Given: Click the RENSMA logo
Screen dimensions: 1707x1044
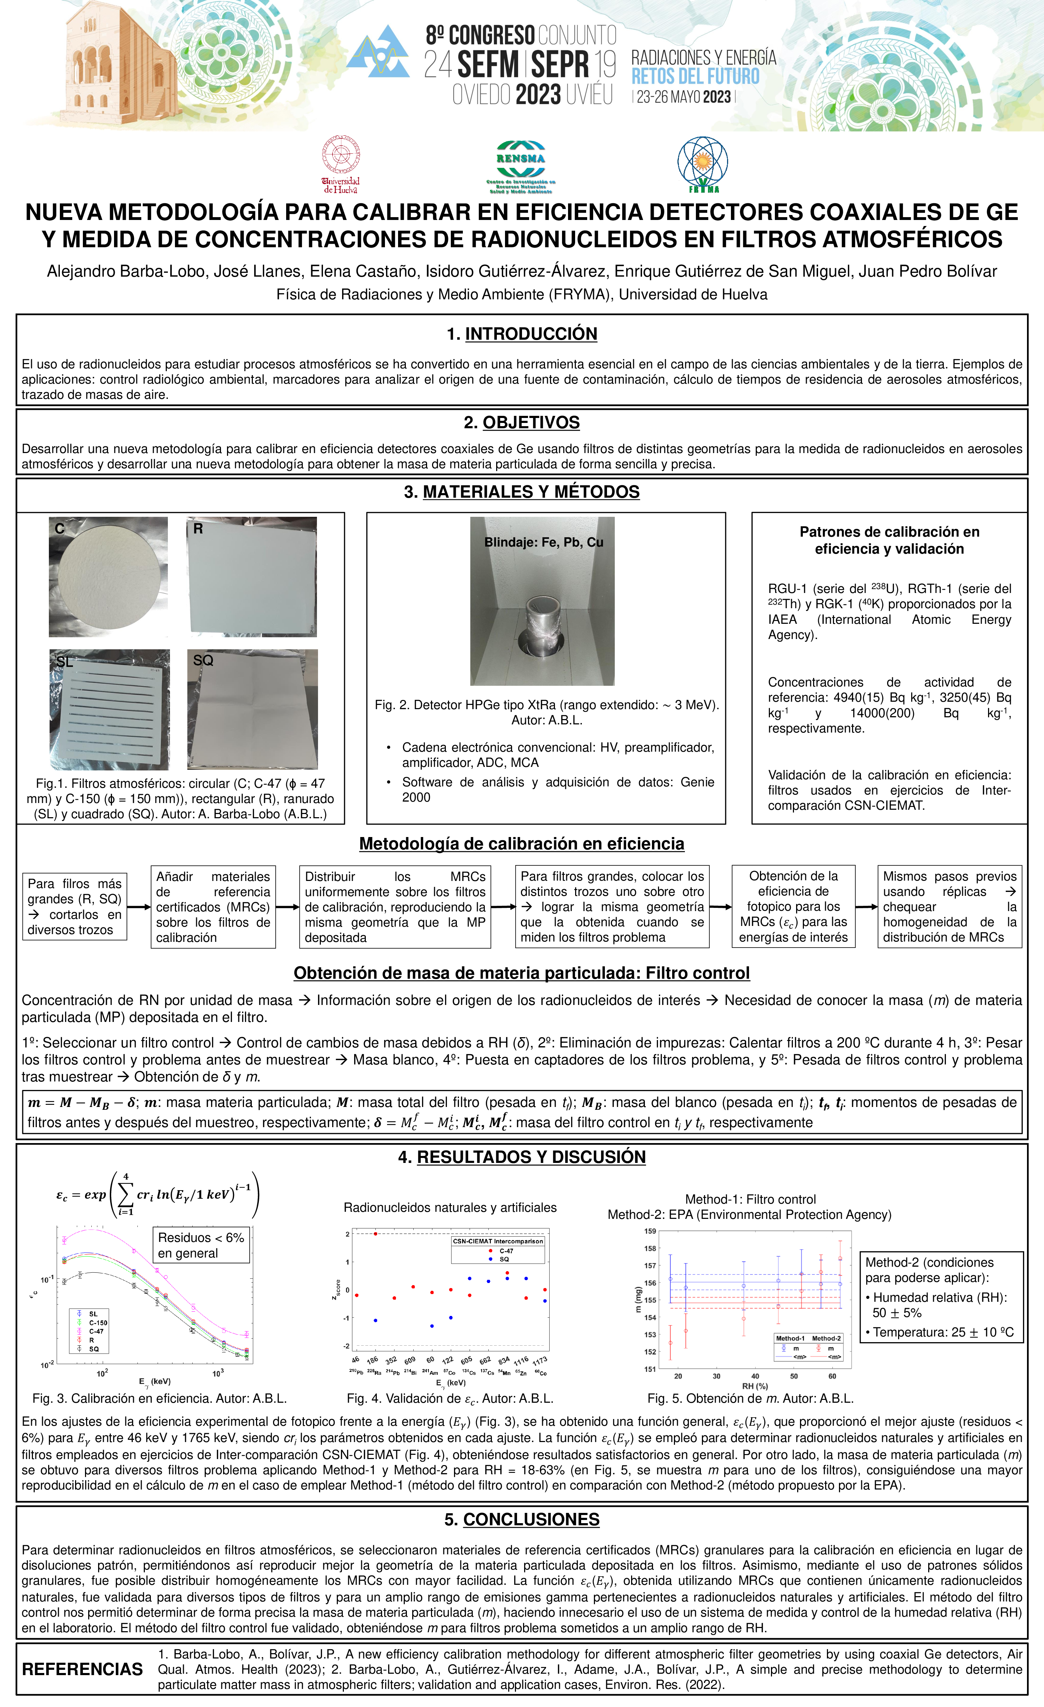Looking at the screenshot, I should (520, 166).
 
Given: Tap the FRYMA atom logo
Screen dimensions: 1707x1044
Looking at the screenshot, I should (703, 164).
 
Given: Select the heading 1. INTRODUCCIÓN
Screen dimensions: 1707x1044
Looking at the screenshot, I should (522, 334).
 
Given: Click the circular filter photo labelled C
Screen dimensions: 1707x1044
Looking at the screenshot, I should (108, 576).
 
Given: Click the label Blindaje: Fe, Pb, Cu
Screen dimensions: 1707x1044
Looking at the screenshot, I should (543, 542).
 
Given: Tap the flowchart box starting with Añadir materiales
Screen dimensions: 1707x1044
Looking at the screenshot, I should (213, 907).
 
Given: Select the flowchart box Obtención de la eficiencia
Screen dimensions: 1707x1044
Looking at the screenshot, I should (793, 907).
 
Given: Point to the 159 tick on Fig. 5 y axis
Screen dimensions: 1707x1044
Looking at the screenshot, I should (650, 1231).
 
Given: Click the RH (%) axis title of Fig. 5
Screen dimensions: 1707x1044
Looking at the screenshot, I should (755, 1386).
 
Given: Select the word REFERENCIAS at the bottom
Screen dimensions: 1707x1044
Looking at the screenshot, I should (83, 1669).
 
